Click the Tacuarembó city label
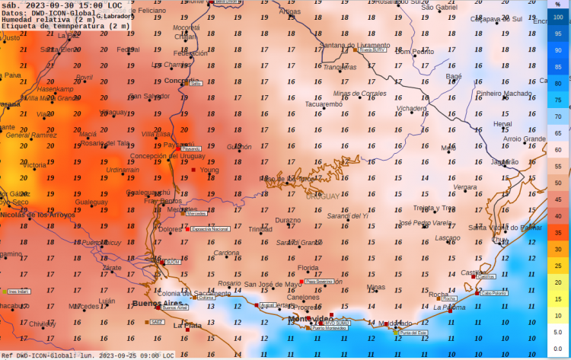tap(324, 104)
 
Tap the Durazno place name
tap(288, 220)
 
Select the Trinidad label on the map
tap(260, 228)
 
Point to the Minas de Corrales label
tap(360, 93)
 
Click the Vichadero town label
tap(412, 108)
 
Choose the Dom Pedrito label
tap(414, 52)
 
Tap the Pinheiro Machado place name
tap(504, 93)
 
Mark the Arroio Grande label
tap(525, 139)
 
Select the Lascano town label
tap(447, 237)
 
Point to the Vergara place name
tap(465, 186)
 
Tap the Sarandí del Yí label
tap(347, 216)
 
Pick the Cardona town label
tap(226, 253)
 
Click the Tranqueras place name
tap(340, 67)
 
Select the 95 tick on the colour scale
tap(558, 34)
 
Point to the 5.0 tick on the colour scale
tap(558, 332)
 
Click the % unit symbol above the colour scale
tap(558, 5)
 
